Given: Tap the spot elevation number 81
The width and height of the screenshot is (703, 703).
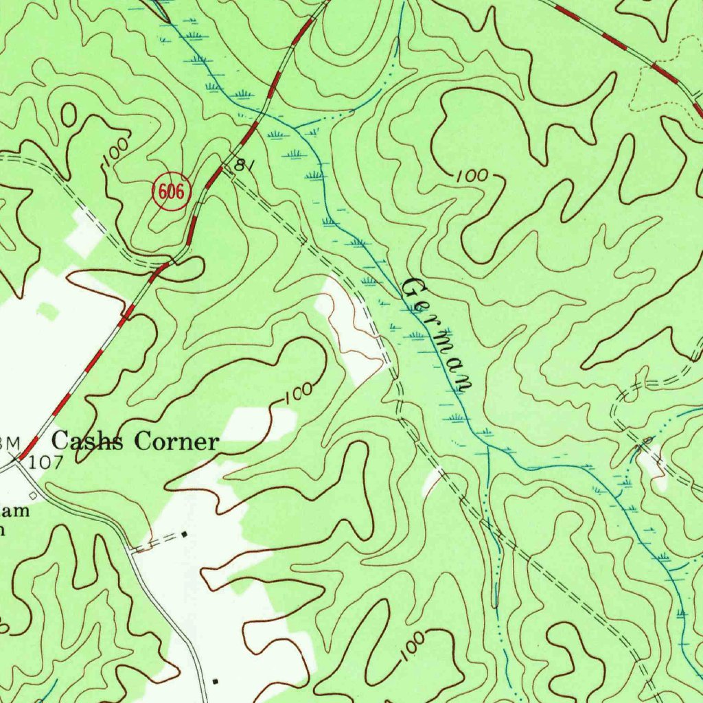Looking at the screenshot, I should coord(240,165).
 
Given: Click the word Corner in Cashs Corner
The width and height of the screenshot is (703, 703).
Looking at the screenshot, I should coord(176,441).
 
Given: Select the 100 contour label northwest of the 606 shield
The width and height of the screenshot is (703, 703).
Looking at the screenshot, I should coord(115,151).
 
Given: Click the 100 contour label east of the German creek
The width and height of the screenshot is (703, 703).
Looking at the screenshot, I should coord(472,176).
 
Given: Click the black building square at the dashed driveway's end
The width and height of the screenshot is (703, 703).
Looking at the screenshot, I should coord(184,533).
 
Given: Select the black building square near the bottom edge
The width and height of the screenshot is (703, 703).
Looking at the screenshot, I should coord(216,681).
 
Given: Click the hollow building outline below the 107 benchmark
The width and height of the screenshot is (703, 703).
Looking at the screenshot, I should coord(33,496).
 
